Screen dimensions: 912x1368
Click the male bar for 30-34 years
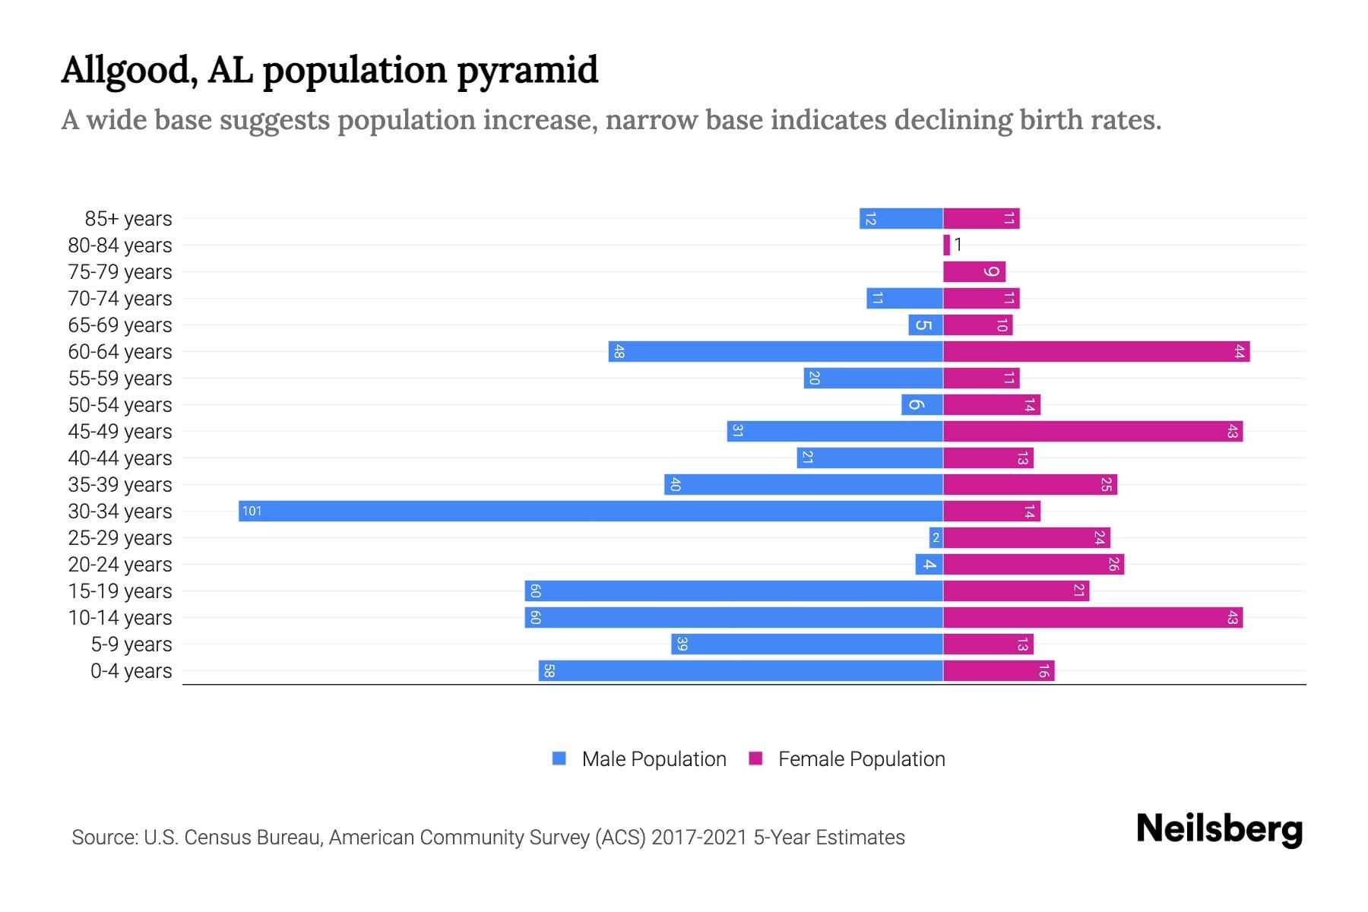coord(591,511)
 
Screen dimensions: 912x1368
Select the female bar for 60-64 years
coord(1096,351)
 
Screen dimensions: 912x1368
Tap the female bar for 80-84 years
coord(946,245)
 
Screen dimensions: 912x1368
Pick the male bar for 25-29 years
coord(936,537)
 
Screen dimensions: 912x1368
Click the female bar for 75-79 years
coord(974,271)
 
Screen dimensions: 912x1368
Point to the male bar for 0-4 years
coord(741,670)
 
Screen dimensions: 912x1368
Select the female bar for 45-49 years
coord(1092,431)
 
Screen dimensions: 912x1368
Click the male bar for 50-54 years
coord(922,404)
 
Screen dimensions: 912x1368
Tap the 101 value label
coord(252,511)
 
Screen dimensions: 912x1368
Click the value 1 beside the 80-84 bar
coord(958,245)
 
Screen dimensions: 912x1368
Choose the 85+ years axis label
coord(128,219)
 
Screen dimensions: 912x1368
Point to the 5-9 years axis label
coord(131,644)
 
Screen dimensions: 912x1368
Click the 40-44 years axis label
coord(120,458)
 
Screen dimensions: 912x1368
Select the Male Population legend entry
coord(654,758)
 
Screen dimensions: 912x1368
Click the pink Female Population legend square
coord(755,758)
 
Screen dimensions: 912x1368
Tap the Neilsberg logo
coord(1219,829)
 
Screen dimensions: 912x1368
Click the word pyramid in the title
coord(527,70)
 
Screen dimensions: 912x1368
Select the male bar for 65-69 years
coord(925,325)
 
